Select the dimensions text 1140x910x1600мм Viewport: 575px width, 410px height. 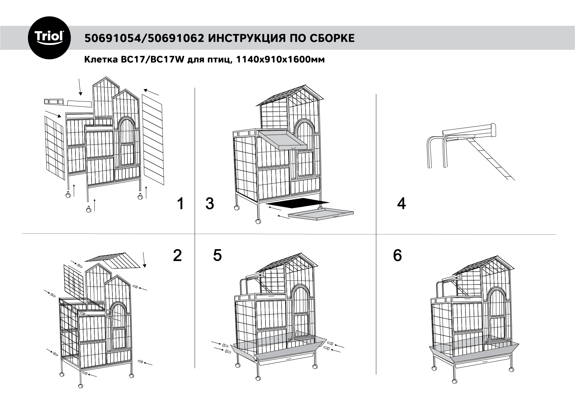tap(280, 59)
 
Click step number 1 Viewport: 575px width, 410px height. tap(181, 204)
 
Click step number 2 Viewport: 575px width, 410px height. tap(177, 255)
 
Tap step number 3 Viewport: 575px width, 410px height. tap(210, 204)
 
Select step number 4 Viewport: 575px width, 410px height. tap(401, 204)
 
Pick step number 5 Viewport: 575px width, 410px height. tap(217, 255)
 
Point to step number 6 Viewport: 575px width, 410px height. tap(397, 255)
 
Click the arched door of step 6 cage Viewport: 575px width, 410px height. tap(497, 315)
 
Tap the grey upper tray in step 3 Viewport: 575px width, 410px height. tap(282, 140)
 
